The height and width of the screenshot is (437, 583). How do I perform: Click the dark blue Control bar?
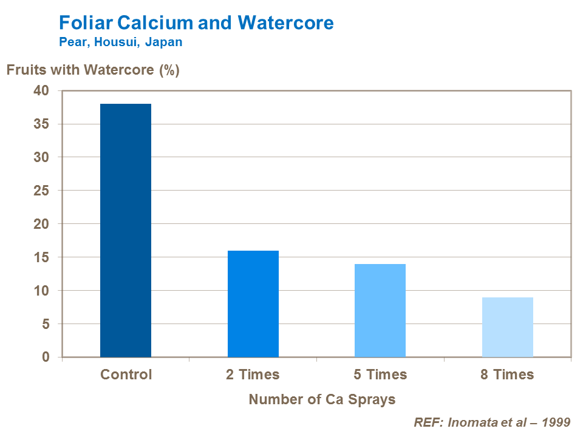pos(126,231)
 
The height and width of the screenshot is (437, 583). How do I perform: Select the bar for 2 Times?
pos(253,303)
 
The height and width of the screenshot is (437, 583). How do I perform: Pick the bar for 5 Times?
pos(380,310)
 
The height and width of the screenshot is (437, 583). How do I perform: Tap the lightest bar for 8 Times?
pos(508,327)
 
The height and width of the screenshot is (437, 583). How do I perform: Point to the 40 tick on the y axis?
pos(41,91)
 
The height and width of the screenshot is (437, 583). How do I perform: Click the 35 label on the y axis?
pos(41,124)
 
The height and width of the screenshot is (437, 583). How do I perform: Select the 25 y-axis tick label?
pos(41,191)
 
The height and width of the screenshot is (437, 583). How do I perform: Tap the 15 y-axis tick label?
pos(41,257)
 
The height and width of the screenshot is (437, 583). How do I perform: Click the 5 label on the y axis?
pos(45,324)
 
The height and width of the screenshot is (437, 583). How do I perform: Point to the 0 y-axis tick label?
pos(45,357)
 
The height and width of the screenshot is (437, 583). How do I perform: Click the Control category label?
pos(126,374)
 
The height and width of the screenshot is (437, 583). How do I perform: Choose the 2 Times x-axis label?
pos(253,374)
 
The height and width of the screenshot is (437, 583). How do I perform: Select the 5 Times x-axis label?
pos(380,374)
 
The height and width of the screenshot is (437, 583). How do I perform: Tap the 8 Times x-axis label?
pos(507,374)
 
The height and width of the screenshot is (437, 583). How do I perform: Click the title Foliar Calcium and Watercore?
pos(196,23)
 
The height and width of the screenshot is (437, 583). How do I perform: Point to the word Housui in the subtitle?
pos(116,43)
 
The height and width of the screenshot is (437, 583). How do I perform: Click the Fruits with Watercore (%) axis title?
pos(93,70)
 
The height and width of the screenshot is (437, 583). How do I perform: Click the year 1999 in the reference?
pos(556,422)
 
